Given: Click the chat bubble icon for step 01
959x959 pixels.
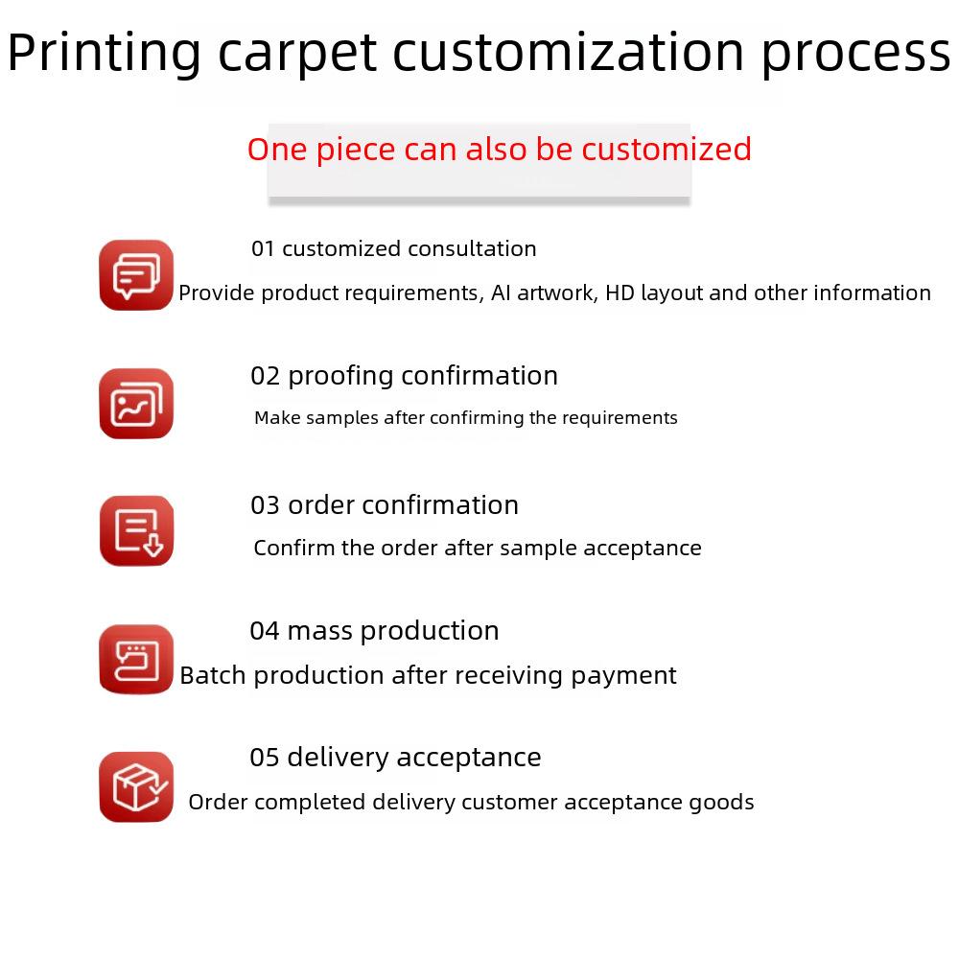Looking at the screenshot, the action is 136,275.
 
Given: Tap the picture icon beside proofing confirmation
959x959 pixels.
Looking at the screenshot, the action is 136,404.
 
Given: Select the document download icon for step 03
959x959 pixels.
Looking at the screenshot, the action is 136,531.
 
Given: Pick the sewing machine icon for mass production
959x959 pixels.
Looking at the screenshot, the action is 136,660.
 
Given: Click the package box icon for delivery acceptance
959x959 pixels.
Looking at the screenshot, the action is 136,787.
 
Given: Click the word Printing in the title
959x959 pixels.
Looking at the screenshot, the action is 104,54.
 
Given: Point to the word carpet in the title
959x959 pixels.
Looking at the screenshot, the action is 298,55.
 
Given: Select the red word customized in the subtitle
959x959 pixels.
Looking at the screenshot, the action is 667,150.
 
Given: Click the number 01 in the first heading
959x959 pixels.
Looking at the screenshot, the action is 263,249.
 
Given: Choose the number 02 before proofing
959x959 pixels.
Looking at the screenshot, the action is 265,376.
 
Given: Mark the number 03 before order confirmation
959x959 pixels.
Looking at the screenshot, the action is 265,505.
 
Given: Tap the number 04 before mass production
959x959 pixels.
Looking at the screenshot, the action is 265,631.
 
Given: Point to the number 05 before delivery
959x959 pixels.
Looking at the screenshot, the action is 265,758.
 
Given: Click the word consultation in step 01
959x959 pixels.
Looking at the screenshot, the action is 472,249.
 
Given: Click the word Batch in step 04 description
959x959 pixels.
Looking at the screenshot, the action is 214,675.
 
